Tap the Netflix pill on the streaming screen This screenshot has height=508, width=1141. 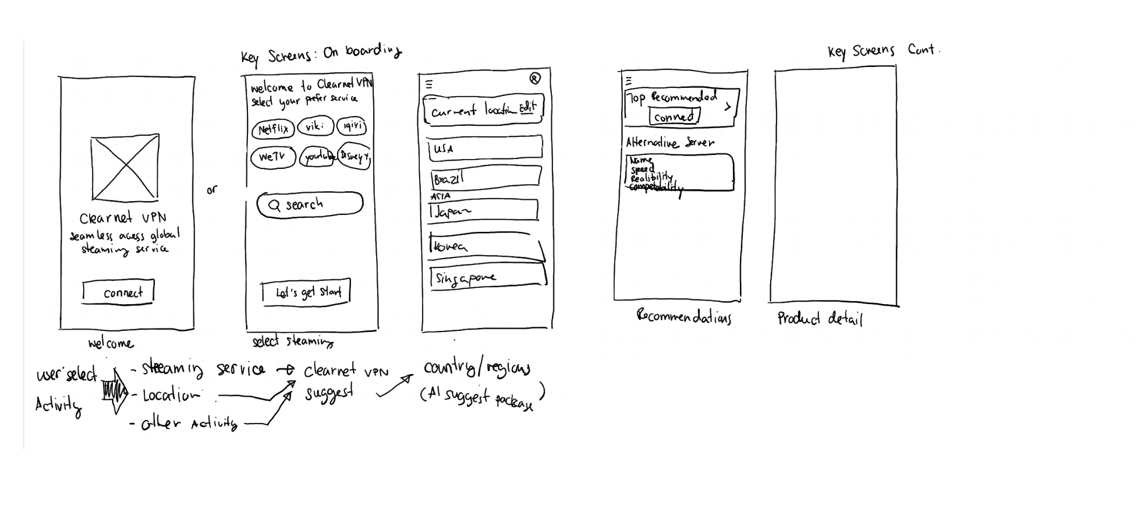[273, 129]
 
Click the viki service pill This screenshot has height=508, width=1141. [315, 126]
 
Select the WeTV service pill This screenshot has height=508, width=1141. [273, 157]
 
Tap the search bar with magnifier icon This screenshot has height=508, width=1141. [310, 204]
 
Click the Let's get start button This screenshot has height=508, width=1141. [306, 292]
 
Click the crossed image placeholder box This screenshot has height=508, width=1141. [125, 168]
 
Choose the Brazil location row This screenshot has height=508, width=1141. [486, 178]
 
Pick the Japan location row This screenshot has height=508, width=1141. [483, 211]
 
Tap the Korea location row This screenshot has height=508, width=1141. [486, 246]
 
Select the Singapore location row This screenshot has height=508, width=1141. [488, 277]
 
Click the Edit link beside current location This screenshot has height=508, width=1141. [527, 107]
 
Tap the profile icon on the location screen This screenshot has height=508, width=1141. [535, 79]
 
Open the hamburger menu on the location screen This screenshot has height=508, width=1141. [429, 84]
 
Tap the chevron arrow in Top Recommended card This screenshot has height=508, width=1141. [728, 107]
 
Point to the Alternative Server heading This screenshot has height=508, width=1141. [669, 142]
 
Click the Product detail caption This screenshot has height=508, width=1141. [820, 318]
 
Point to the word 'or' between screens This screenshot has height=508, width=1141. [211, 190]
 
